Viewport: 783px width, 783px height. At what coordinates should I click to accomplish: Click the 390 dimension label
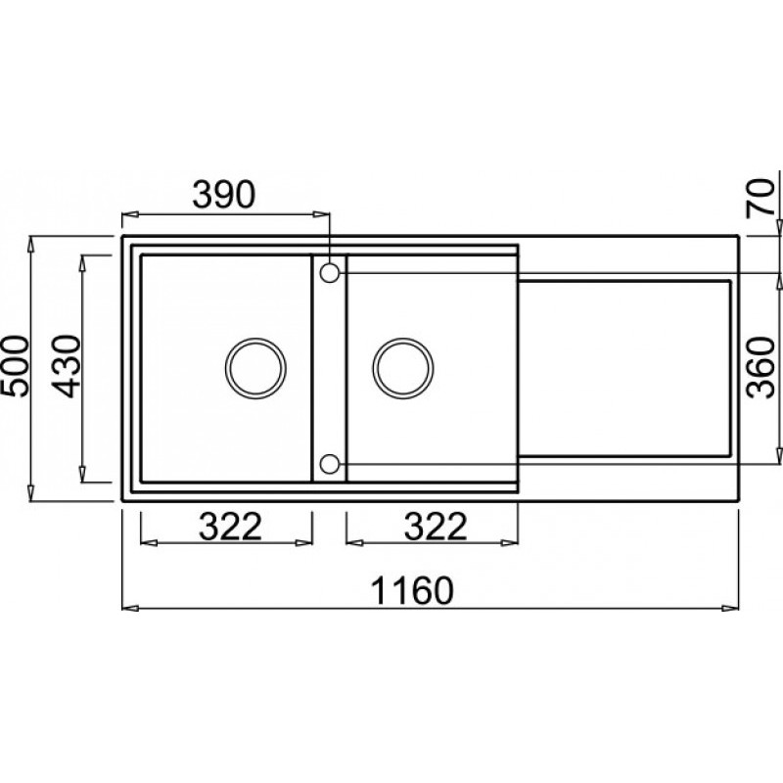pyautogui.click(x=224, y=195)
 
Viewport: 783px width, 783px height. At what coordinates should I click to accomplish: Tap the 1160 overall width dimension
pyautogui.click(x=412, y=590)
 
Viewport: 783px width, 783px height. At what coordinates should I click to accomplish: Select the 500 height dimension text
pyautogui.click(x=15, y=367)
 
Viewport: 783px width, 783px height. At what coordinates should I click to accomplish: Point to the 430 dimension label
pyautogui.click(x=66, y=366)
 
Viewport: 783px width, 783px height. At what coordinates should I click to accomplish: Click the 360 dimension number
pyautogui.click(x=760, y=367)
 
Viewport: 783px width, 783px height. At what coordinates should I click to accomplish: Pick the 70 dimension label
pyautogui.click(x=760, y=199)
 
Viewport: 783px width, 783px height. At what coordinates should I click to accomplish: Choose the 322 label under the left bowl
pyautogui.click(x=230, y=526)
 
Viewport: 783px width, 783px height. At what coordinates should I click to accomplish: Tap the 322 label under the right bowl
pyautogui.click(x=435, y=526)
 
